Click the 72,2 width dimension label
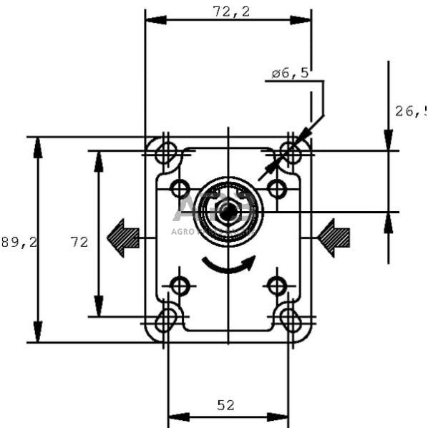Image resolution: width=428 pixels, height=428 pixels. click(228, 11)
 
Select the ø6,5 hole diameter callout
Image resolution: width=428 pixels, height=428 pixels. click(290, 73)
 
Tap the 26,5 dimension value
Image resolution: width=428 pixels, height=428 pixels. click(409, 111)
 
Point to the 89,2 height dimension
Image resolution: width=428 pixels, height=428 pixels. click(19, 243)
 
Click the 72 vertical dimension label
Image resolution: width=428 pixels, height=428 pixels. click(79, 243)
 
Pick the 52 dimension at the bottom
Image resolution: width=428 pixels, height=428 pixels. click(225, 405)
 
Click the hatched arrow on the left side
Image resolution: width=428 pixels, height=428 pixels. click(123, 238)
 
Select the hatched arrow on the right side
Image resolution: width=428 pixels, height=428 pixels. click(334, 238)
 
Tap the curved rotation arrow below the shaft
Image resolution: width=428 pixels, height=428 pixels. click(228, 266)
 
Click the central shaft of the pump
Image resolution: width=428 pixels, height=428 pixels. click(228, 212)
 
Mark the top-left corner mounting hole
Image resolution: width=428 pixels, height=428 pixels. click(166, 152)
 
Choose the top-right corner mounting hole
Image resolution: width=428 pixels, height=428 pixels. click(290, 152)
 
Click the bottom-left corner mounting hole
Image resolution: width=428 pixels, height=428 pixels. click(166, 319)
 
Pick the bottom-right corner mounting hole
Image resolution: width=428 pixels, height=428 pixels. click(290, 319)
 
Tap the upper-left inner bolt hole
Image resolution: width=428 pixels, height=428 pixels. click(180, 189)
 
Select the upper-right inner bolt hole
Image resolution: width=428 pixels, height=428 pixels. click(277, 189)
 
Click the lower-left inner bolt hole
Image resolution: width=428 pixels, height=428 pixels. click(180, 287)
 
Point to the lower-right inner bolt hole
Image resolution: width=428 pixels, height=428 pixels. click(277, 287)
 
